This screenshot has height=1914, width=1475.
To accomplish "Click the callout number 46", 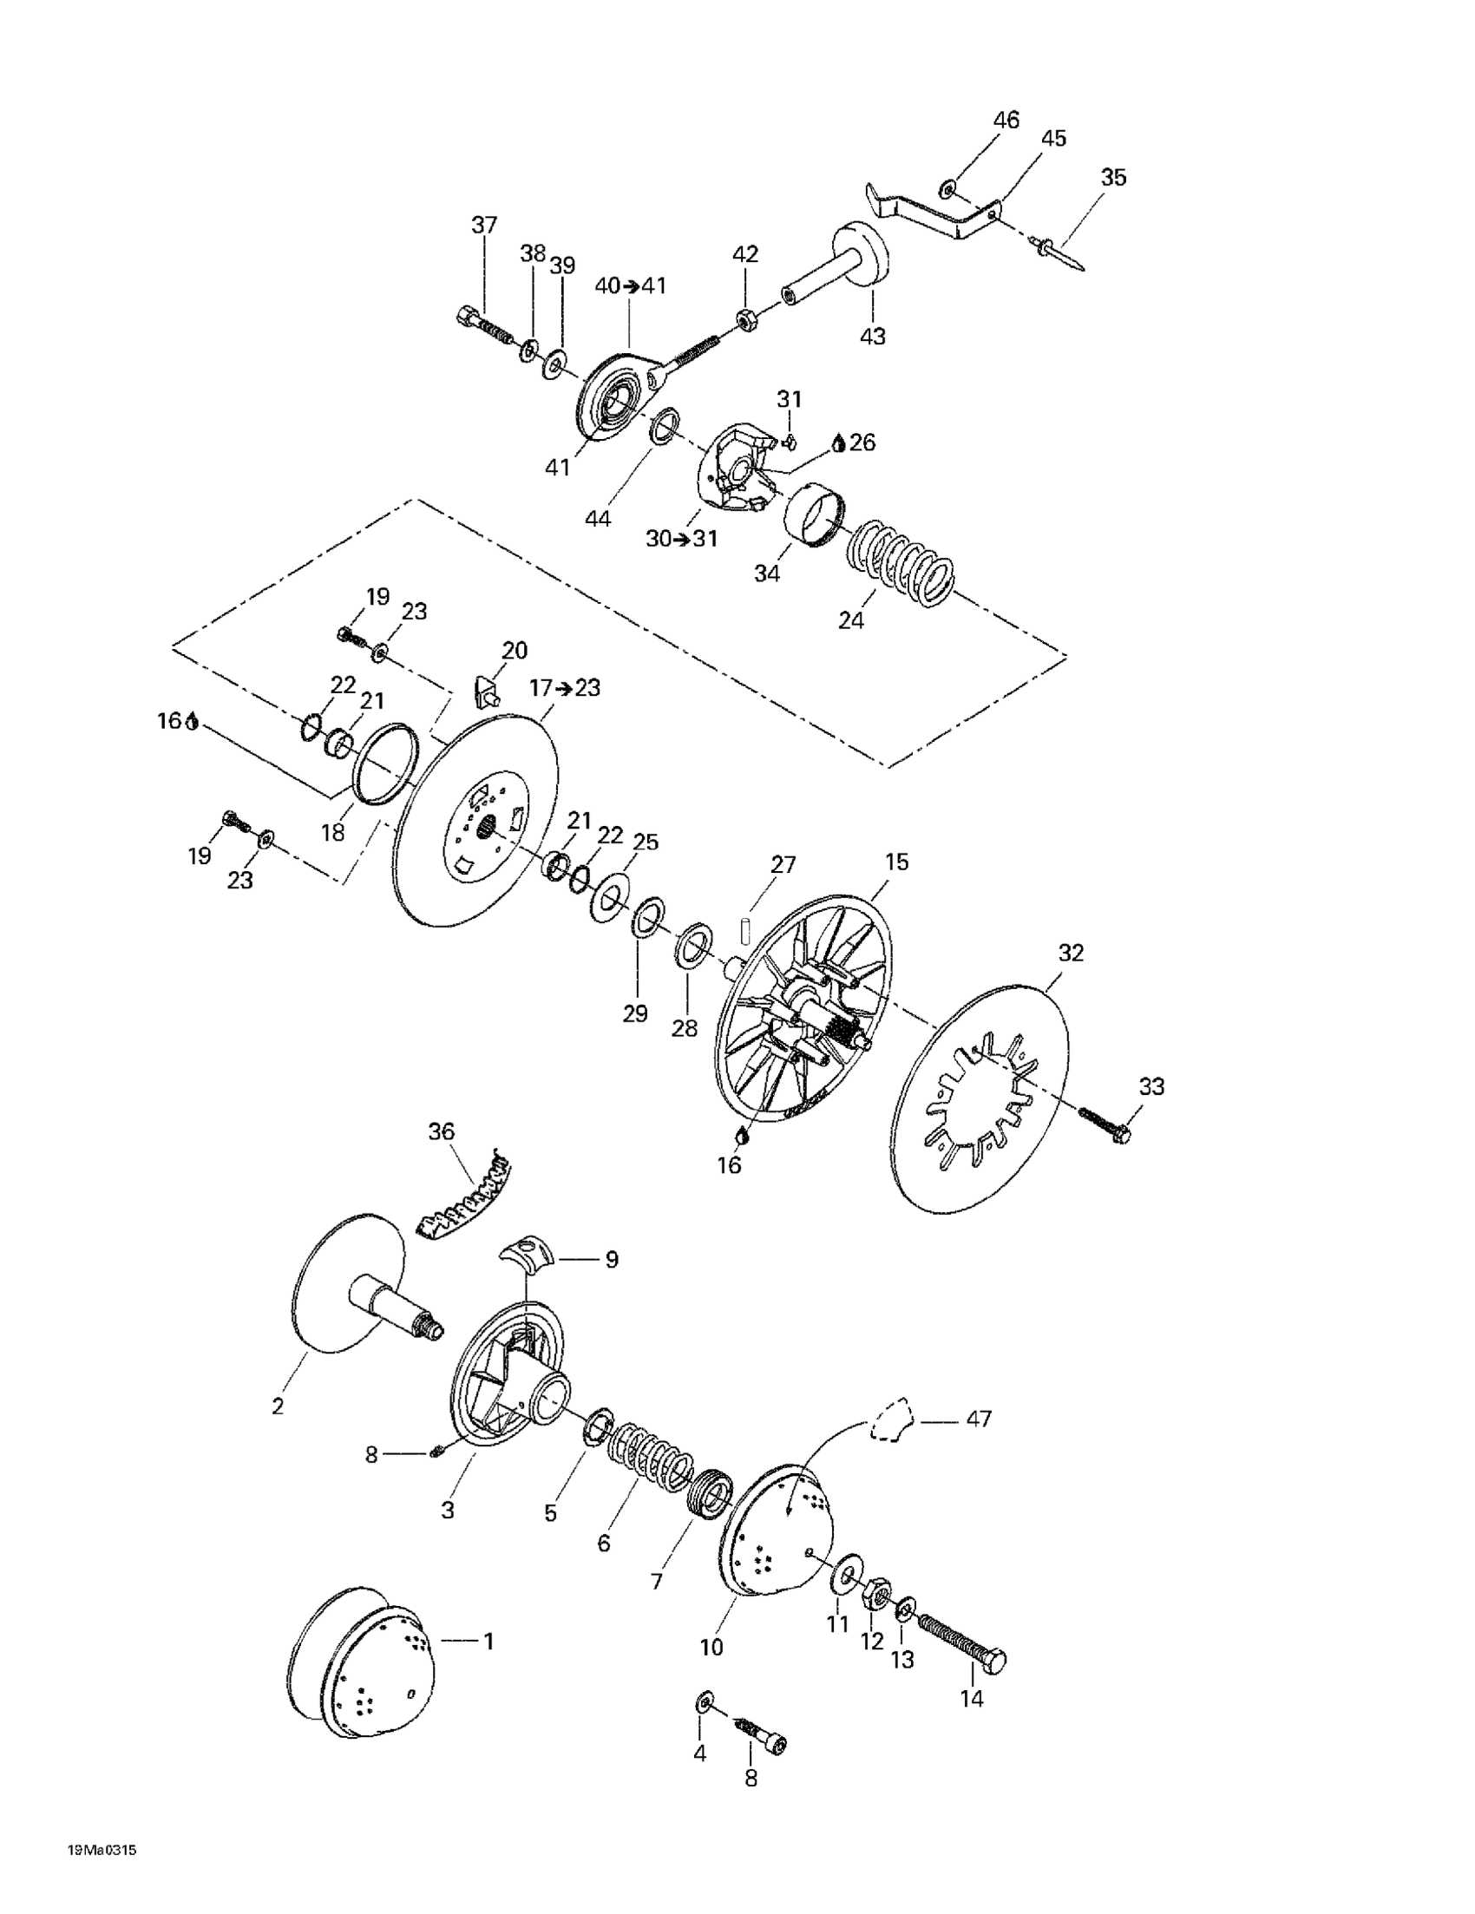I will pyautogui.click(x=1006, y=120).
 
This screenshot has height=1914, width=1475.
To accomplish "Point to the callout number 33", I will pyautogui.click(x=1151, y=1086).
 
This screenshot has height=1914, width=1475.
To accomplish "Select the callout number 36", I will pyautogui.click(x=442, y=1131).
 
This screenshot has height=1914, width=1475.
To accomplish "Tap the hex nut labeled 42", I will pyautogui.click(x=746, y=321).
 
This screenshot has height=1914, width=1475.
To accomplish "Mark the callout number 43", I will pyautogui.click(x=873, y=336).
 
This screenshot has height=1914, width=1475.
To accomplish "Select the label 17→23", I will pyautogui.click(x=566, y=688).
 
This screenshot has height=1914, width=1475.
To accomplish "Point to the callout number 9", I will pyautogui.click(x=611, y=1259).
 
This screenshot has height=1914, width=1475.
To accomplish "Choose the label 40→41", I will pyautogui.click(x=631, y=285).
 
